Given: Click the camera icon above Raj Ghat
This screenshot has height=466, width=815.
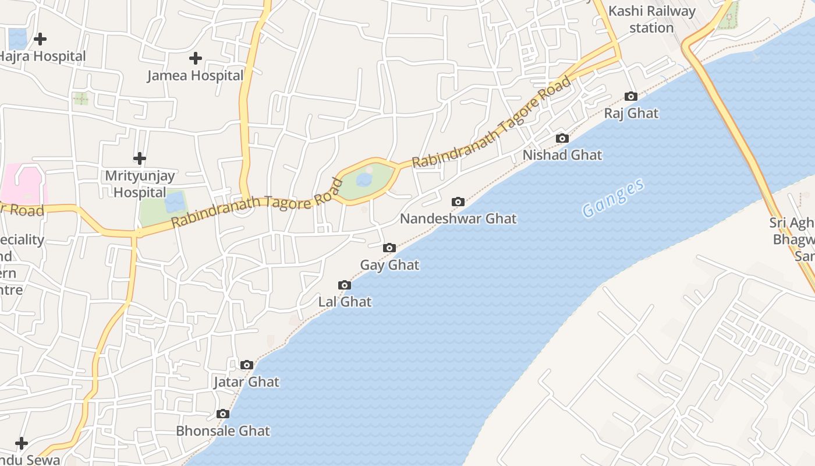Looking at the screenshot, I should point(631,96).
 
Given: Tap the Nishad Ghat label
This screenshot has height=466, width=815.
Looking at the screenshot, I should point(562,155).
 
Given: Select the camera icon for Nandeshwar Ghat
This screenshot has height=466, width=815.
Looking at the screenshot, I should point(458,202).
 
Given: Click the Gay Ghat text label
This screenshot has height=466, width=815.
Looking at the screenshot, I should point(389,265).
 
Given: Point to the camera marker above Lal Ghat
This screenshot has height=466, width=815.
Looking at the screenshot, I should point(345,285).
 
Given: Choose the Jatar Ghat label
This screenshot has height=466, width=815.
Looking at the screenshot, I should point(246,382).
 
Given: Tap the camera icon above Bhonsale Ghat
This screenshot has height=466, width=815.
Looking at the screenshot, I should point(222,414).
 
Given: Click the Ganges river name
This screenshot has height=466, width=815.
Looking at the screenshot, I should point(613,199).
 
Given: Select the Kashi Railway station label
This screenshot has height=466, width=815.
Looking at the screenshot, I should point(651,19).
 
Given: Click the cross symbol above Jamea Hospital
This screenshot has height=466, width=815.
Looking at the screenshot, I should point(196,58).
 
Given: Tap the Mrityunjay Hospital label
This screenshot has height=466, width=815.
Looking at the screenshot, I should point(140,183).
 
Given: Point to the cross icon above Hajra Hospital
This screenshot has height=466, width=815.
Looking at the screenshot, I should point(40,39).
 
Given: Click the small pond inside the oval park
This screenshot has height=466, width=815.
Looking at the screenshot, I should point(364,179).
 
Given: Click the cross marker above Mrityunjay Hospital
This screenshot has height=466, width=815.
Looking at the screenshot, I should point(140,158).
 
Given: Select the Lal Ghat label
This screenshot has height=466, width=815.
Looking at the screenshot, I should point(345,302).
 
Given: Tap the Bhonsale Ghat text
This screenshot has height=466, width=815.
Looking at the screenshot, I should point(223,431).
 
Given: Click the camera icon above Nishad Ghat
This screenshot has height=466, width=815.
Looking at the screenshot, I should point(562,138).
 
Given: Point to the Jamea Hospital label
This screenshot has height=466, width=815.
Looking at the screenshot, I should point(195,76).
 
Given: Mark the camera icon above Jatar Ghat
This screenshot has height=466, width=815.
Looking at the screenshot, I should point(247,365).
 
